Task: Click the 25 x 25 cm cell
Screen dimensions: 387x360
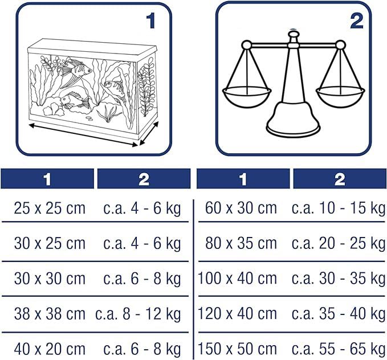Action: pyautogui.click(x=50, y=208)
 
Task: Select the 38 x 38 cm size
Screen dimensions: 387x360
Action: pyautogui.click(x=50, y=314)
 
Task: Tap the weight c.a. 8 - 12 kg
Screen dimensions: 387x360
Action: pyautogui.click(x=138, y=314)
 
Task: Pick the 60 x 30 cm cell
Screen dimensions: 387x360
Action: pyautogui.click(x=241, y=208)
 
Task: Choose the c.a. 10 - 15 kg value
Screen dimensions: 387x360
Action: pyautogui.click(x=338, y=208)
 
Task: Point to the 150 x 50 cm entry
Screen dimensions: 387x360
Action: pyautogui.click(x=238, y=349)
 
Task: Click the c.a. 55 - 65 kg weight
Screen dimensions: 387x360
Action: pyautogui.click(x=338, y=350)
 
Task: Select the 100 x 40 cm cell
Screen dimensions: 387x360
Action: pyautogui.click(x=238, y=279)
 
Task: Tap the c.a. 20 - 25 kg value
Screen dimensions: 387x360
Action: pyautogui.click(x=338, y=244)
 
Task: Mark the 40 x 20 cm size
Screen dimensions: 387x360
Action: pyautogui.click(x=50, y=349)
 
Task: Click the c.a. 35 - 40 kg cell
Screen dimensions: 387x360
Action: pyautogui.click(x=338, y=314)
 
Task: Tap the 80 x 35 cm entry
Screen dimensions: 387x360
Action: pyautogui.click(x=241, y=243)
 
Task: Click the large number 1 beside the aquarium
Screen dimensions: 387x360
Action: pyautogui.click(x=151, y=21)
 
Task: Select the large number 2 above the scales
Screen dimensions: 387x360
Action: pyautogui.click(x=357, y=21)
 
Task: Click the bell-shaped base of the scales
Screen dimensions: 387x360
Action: pyautogui.click(x=294, y=118)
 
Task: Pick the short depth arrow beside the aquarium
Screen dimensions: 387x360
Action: pyautogui.click(x=149, y=133)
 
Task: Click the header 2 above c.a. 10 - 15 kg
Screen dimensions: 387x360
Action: pyautogui.click(x=340, y=179)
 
